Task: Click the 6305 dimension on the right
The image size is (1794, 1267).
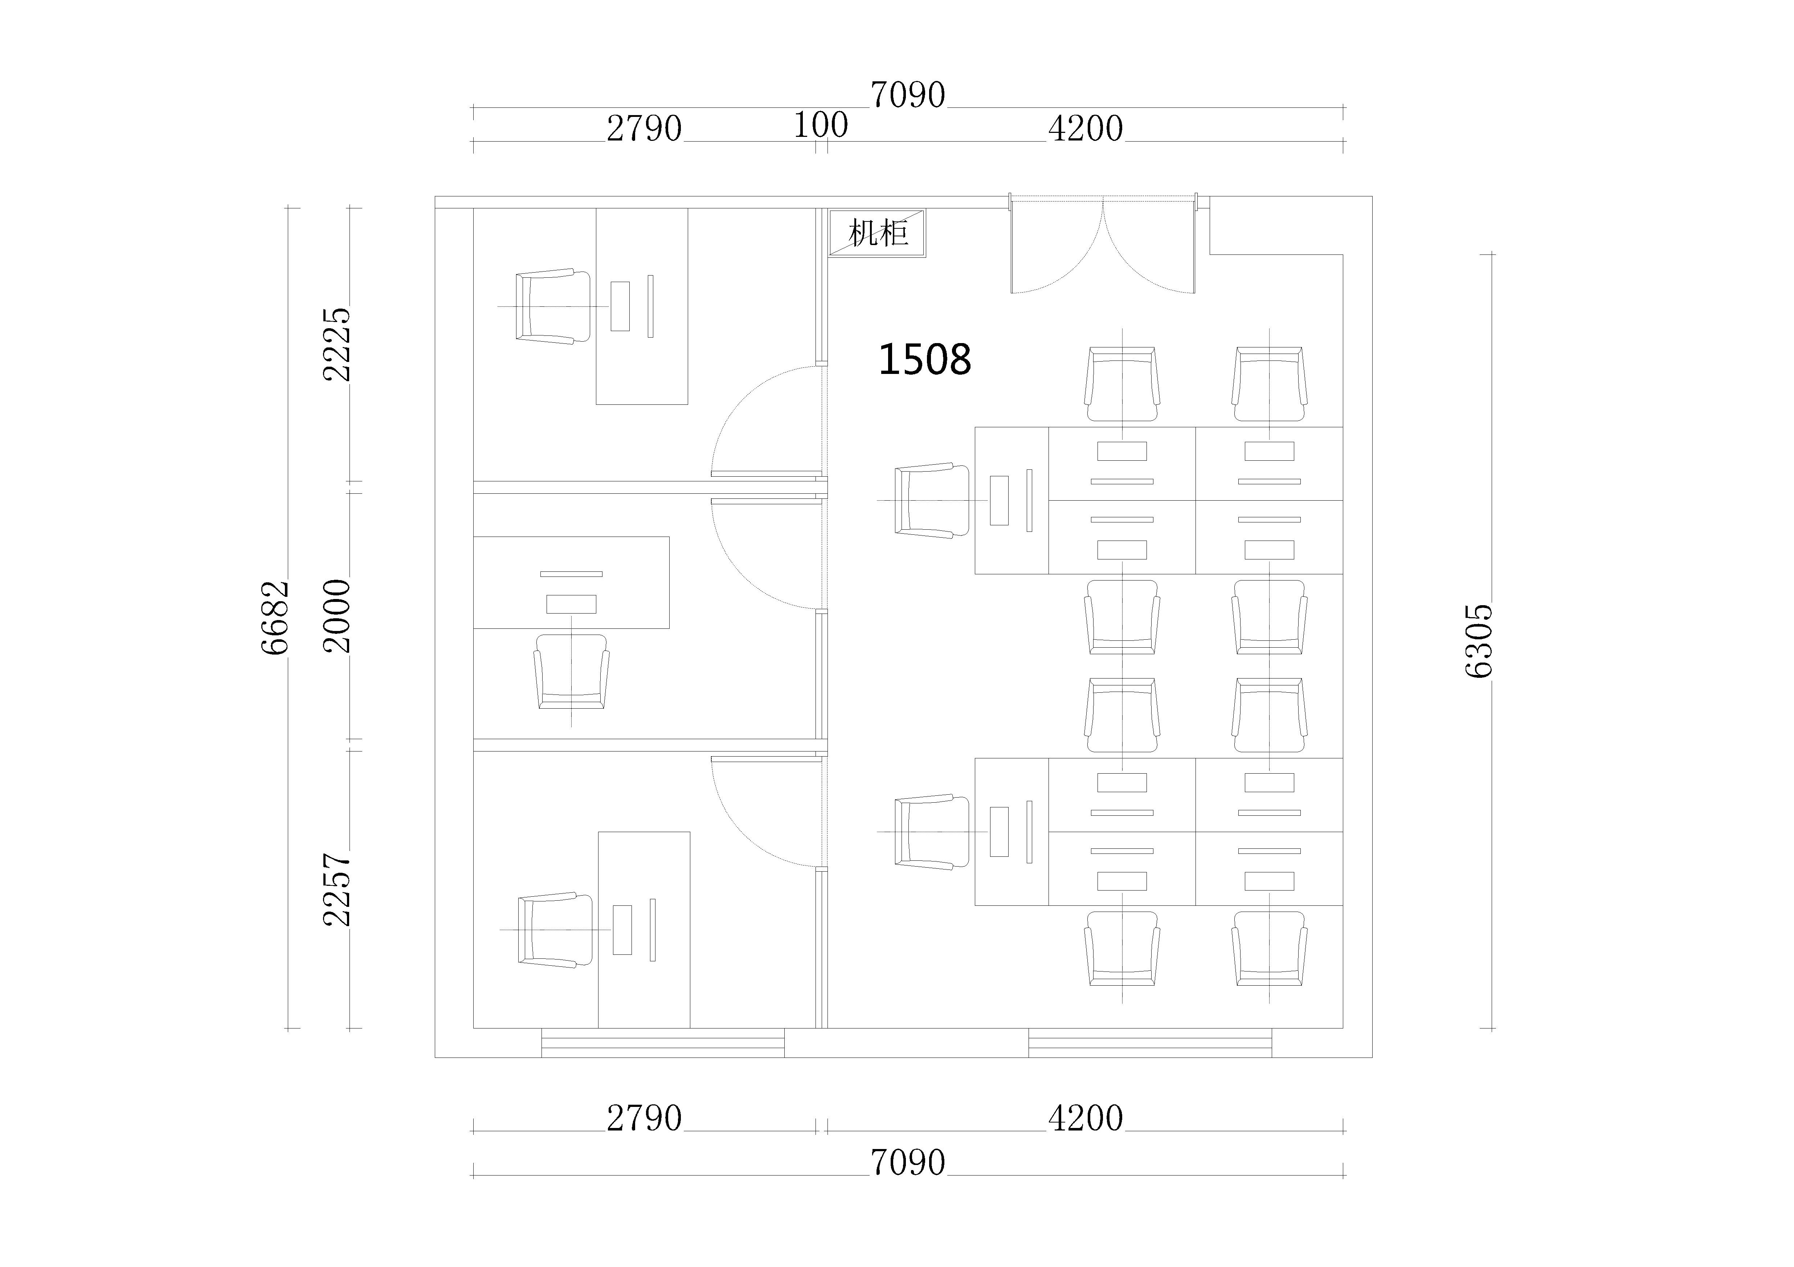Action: [1479, 641]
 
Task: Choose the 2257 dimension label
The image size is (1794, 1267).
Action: [338, 889]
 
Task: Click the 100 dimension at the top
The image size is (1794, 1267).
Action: [821, 125]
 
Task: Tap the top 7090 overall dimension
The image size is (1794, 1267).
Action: [908, 95]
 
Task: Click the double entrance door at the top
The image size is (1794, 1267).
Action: [1103, 244]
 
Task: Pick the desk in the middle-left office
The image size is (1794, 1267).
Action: [571, 582]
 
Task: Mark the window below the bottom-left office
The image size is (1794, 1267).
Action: [663, 1043]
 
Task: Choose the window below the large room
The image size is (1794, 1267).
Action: [1150, 1043]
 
